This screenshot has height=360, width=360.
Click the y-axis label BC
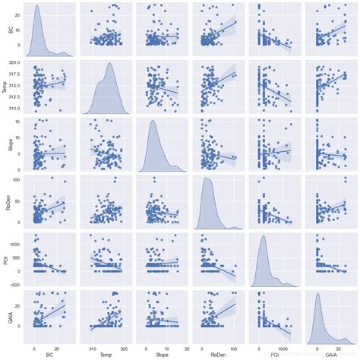click(x=5, y=33)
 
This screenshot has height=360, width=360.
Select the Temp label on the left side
click(x=5, y=89)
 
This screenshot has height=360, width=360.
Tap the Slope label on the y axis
click(x=5, y=146)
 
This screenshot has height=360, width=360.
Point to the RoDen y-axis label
click(x=5, y=203)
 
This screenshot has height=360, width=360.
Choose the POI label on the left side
click(x=5, y=260)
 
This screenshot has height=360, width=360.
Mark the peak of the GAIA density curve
click(x=318, y=293)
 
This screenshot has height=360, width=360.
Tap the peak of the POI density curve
click(x=264, y=236)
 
